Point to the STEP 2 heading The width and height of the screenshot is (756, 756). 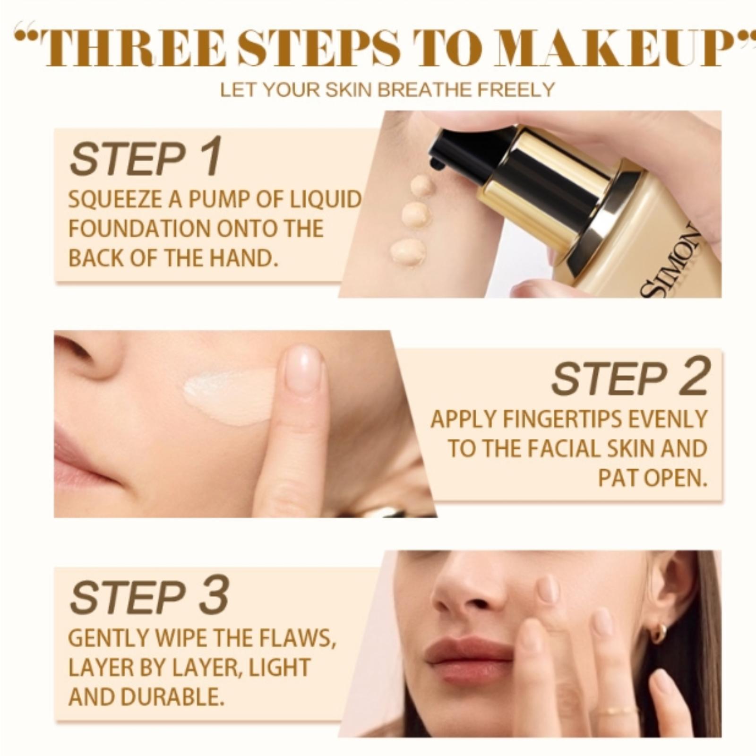631,378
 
